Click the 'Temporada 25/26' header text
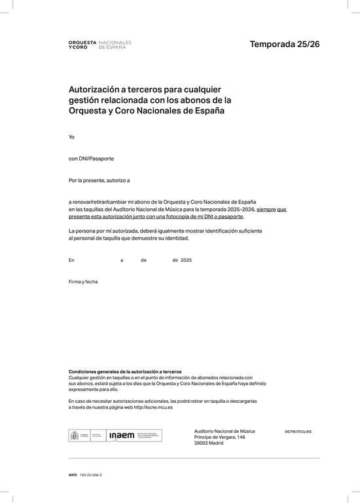284,45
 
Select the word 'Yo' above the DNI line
72,137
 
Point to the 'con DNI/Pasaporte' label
91,158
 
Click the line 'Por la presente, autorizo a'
99,179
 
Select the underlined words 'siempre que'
272,209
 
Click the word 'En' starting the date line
71,260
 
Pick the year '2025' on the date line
186,260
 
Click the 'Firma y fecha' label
83,282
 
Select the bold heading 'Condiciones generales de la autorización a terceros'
125,371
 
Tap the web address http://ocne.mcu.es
153,407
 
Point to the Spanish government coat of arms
74,435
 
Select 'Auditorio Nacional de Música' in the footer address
225,431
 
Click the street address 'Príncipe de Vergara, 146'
220,437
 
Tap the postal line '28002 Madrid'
209,443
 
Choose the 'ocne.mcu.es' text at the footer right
298,431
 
